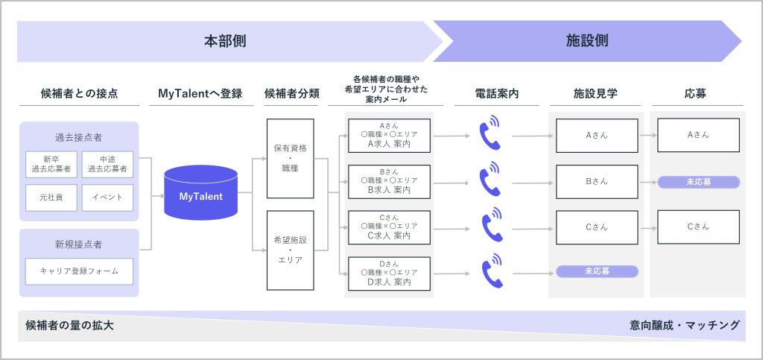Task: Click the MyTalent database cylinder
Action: click(x=200, y=192)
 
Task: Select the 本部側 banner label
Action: click(x=225, y=41)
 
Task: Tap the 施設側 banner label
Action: click(x=587, y=41)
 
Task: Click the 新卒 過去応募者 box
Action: click(x=51, y=165)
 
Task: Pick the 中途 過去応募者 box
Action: click(x=107, y=165)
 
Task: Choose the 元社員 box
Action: click(x=51, y=198)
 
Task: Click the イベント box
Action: click(x=107, y=198)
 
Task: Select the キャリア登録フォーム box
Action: click(x=79, y=271)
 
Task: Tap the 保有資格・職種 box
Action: click(x=291, y=159)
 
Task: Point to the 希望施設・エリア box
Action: click(x=291, y=250)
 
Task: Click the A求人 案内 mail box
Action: click(x=389, y=135)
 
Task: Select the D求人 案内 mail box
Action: click(x=389, y=274)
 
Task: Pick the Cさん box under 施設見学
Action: click(x=597, y=227)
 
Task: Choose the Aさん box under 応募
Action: click(x=698, y=135)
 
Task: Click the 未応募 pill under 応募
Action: click(x=699, y=182)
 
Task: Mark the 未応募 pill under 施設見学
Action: click(x=597, y=271)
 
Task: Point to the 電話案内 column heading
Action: click(x=496, y=94)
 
